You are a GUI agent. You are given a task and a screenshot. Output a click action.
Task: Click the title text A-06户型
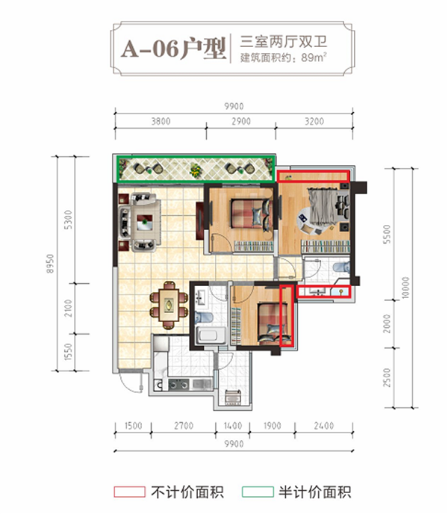coord(174,49)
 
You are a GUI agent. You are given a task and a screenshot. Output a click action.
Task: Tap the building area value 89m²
coord(314,57)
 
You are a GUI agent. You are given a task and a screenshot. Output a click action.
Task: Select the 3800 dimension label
coord(161,121)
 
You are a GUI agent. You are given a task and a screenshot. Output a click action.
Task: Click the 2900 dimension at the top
coord(241,121)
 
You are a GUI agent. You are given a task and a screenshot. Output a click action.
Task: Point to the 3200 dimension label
coord(314,121)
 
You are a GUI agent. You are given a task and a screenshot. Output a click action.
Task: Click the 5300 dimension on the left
coord(68,220)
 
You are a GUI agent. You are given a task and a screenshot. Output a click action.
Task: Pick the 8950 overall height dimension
coord(50,264)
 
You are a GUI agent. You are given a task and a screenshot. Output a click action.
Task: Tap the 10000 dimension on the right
coord(405,288)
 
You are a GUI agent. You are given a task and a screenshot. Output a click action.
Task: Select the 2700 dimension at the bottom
coord(184,426)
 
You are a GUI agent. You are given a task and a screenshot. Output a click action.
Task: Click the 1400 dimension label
coord(233,426)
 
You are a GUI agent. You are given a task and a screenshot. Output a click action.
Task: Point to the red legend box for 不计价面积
coord(129,492)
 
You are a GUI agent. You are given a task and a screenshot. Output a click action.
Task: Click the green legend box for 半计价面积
coord(258,492)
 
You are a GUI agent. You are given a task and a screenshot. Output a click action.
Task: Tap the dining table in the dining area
coord(169,305)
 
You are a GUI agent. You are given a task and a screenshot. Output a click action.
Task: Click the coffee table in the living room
coord(145,222)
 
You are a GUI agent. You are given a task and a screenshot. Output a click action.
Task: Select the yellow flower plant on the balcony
coord(196,170)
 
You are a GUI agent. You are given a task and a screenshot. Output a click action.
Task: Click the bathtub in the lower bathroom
coord(211,335)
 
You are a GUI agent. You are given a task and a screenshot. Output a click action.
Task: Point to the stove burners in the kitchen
coord(178,384)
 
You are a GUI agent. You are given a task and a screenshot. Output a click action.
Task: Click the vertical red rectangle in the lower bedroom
coord(287,315)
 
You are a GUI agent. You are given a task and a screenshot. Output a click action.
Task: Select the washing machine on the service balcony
coord(233,397)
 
